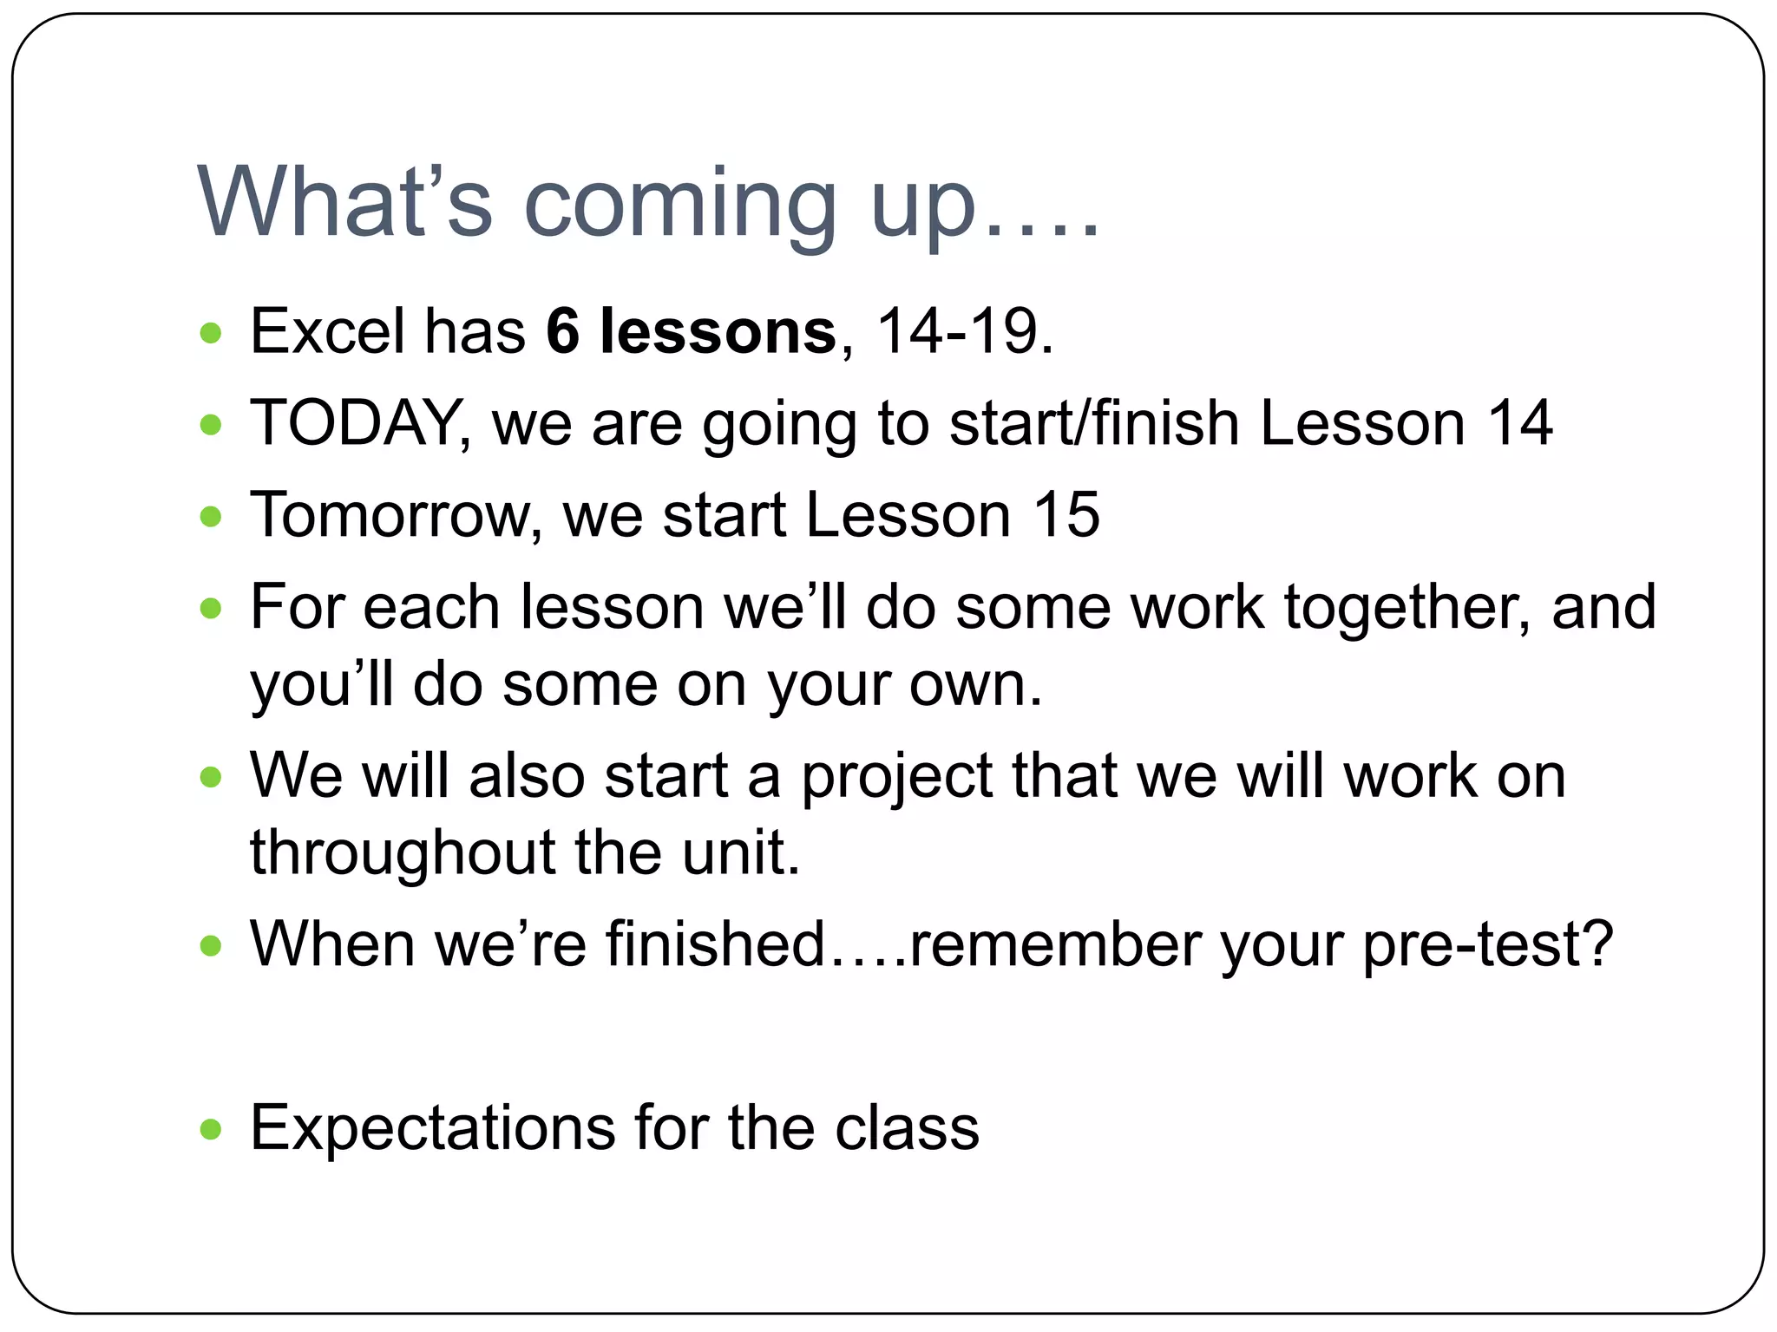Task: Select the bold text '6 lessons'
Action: (x=691, y=332)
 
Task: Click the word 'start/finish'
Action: (x=1093, y=424)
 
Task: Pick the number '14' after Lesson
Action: (x=1519, y=424)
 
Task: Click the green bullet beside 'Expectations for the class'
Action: (x=211, y=1130)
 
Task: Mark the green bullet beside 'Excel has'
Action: (x=211, y=333)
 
